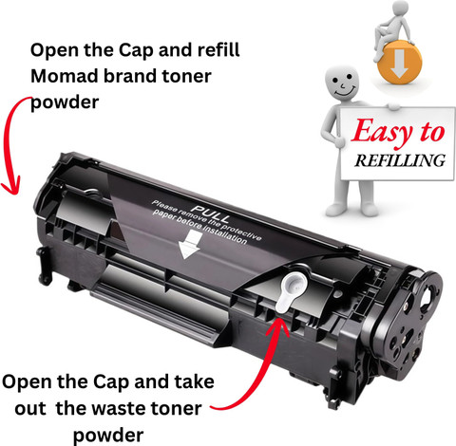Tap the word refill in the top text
tap(219, 49)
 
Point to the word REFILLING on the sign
tap(400, 160)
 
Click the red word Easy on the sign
tap(383, 131)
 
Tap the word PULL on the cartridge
tap(211, 214)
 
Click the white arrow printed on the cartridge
tap(190, 244)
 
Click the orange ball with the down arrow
tap(400, 63)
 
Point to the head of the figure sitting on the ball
tap(400, 7)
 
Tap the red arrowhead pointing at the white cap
tap(278, 326)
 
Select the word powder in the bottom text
tap(108, 436)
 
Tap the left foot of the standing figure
tap(336, 209)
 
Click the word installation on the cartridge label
tap(224, 233)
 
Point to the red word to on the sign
tap(432, 132)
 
